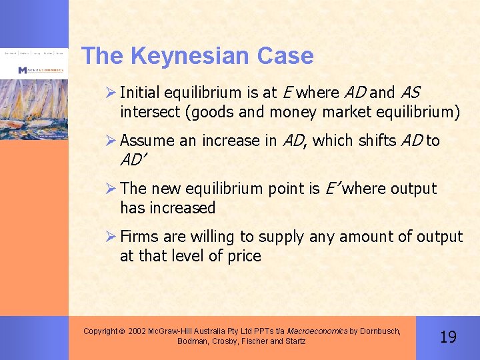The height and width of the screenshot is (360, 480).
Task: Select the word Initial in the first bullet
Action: click(141, 93)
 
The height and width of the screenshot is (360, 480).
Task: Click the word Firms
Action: click(139, 237)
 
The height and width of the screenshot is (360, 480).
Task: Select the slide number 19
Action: click(449, 337)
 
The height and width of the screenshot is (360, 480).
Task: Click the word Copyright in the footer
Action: click(101, 331)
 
